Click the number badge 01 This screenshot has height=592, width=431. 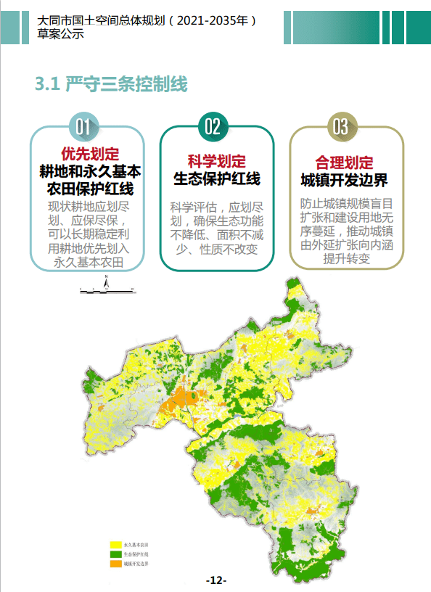[x=83, y=127]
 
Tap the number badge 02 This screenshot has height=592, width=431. [x=213, y=127]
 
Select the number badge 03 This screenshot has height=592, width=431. [x=341, y=127]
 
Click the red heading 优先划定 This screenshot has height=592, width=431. [x=90, y=154]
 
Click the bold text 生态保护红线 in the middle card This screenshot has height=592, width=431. [x=216, y=178]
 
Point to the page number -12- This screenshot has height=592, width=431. [x=216, y=580]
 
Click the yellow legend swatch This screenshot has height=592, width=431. [x=115, y=543]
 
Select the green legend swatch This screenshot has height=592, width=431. [x=115, y=553]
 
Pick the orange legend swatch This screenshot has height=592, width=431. [x=115, y=563]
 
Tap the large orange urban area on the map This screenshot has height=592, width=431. [x=176, y=401]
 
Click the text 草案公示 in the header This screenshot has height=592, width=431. [x=60, y=33]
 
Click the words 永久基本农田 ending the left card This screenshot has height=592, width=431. [x=90, y=262]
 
